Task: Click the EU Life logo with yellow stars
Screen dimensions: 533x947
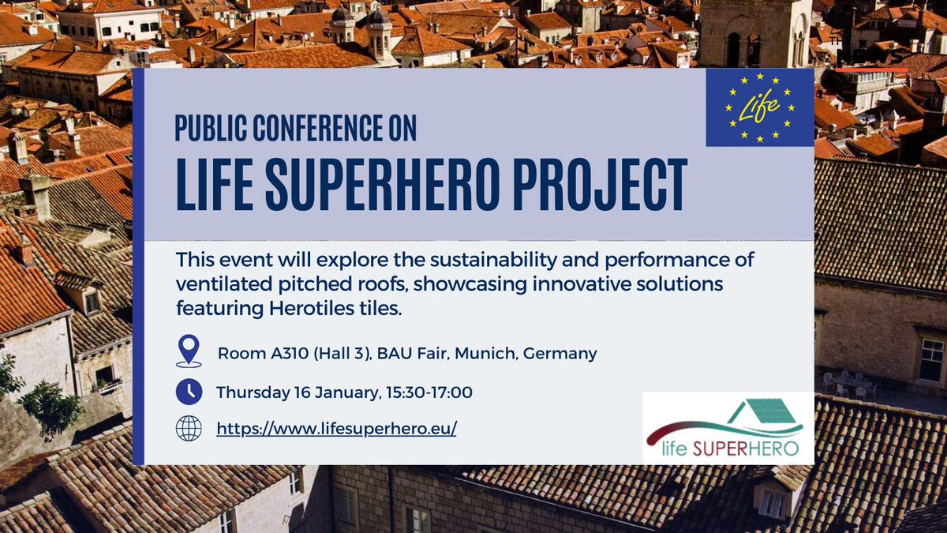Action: click(759, 107)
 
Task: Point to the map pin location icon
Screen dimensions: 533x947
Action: click(189, 351)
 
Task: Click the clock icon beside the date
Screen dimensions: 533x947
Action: click(189, 391)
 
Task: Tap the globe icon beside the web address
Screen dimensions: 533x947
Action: click(189, 429)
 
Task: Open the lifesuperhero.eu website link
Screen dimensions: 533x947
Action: click(336, 429)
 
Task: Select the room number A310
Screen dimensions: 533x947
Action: click(287, 353)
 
